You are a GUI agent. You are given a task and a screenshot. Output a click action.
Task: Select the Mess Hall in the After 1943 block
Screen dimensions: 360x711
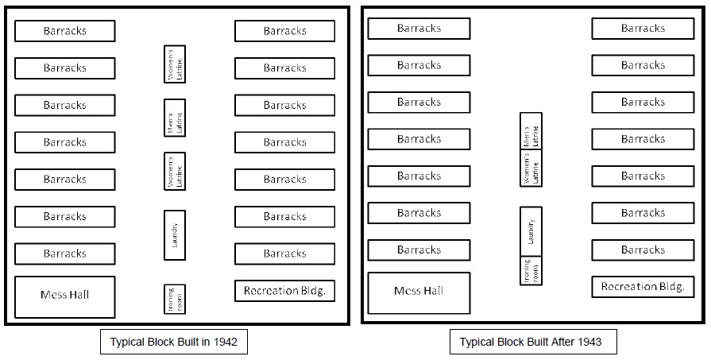pos(419,292)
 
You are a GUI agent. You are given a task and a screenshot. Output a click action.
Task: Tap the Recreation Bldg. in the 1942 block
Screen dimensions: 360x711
pos(284,291)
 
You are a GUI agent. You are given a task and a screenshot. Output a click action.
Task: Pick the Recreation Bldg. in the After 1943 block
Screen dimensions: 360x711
pos(642,287)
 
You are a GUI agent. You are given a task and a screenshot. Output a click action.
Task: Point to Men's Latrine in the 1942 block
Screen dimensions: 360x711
pos(175,118)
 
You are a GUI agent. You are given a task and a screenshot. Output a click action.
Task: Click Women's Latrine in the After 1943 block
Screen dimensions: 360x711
pos(531,168)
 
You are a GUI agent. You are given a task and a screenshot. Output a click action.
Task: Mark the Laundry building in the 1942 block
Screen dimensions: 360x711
pos(175,235)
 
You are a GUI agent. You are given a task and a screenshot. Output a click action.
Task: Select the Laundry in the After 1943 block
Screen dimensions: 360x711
pos(531,232)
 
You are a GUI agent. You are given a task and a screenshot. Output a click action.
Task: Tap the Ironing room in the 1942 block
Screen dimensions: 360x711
pos(175,299)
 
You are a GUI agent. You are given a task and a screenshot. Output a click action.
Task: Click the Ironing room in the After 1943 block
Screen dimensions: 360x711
pos(531,271)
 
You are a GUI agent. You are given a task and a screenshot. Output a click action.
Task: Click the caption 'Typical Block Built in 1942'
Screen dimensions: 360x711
pos(173,343)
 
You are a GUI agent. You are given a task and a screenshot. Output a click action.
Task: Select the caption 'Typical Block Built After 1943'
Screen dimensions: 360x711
pos(531,343)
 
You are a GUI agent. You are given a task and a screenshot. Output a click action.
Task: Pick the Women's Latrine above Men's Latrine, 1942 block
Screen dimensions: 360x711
pos(175,64)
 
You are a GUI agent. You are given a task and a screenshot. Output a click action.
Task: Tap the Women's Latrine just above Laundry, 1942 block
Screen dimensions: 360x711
pos(175,172)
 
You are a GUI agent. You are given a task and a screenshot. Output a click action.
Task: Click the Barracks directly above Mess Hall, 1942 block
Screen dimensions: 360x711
pos(65,254)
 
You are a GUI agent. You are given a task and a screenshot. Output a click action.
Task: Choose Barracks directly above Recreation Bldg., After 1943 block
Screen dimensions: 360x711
pos(642,250)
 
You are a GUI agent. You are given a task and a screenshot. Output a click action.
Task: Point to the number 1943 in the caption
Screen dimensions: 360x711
pos(589,343)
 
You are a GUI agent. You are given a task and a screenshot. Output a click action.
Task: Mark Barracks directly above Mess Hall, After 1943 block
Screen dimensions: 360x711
pos(419,250)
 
